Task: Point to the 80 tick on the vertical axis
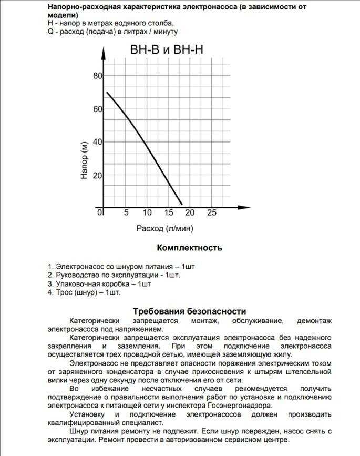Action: click(98, 76)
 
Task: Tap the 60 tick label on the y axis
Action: click(98, 109)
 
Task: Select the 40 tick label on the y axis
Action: click(98, 142)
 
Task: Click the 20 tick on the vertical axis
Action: click(98, 175)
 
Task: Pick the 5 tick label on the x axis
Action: click(126, 212)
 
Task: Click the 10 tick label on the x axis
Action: click(147, 212)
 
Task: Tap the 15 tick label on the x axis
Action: click(168, 212)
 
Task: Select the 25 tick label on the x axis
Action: click(211, 212)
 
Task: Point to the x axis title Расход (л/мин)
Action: click(165, 228)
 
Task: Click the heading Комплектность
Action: click(189, 248)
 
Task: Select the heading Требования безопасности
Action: click(189, 311)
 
